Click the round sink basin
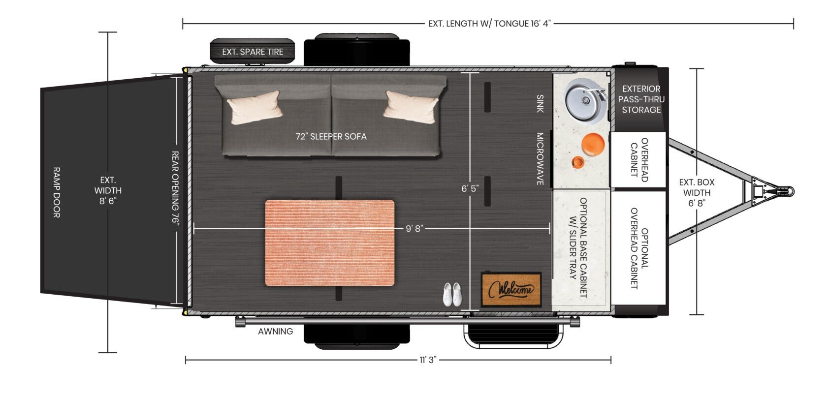click(585, 101)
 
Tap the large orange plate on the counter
click(593, 145)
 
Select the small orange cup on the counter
click(577, 162)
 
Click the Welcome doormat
click(511, 290)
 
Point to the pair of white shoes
click(452, 294)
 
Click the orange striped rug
click(330, 243)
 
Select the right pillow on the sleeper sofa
click(411, 107)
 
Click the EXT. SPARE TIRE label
click(253, 52)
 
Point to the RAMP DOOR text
click(56, 192)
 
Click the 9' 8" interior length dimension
click(414, 228)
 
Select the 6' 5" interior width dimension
click(470, 189)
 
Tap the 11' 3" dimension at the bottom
click(428, 360)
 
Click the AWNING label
click(275, 332)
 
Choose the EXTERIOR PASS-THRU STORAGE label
click(641, 99)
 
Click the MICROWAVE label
click(540, 159)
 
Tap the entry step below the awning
click(513, 336)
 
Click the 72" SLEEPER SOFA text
click(331, 137)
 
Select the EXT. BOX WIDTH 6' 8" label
click(697, 192)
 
